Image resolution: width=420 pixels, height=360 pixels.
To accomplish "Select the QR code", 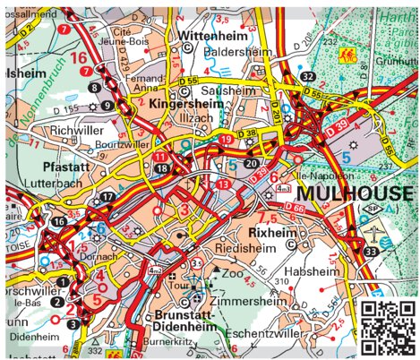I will coord(389,328).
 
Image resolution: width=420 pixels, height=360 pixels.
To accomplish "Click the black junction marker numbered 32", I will coord(308,76).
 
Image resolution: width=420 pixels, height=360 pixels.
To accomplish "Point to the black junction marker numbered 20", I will coord(251,164).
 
